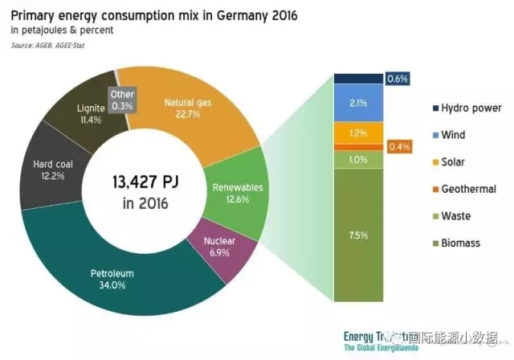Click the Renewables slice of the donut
coord(232,193)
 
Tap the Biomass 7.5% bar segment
coord(358,235)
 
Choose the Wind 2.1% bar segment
coord(358,103)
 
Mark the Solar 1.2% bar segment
coord(358,132)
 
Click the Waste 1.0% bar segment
coord(358,160)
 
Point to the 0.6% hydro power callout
coord(398,78)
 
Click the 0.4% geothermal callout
coord(398,146)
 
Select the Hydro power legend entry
coord(465,108)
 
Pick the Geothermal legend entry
coord(465,189)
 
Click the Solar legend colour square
coord(435,162)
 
